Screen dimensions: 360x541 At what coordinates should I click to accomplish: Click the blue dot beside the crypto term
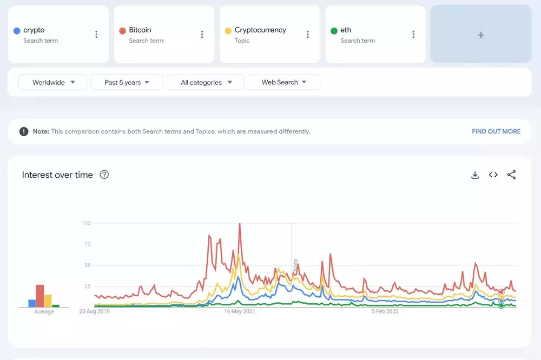coord(17,31)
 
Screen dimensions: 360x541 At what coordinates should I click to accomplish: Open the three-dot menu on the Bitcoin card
coord(202,35)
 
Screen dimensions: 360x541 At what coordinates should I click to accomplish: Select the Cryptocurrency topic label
coord(260,30)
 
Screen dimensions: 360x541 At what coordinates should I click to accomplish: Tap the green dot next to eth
coord(334,31)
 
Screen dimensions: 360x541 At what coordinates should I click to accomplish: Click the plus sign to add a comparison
coord(480,35)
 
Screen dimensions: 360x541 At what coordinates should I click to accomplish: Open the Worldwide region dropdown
coord(52,82)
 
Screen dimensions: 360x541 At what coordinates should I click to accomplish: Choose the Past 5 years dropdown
coord(127,82)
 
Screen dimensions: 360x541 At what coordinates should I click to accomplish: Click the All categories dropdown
coord(206,82)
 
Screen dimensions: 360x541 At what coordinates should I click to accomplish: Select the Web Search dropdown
coord(284,82)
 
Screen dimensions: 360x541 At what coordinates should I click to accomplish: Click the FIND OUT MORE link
coord(496,131)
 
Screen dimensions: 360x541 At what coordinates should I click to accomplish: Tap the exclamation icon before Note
coord(24,131)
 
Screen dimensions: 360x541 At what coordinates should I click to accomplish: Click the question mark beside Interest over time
coord(104,175)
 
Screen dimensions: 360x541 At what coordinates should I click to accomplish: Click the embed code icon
coord(493,175)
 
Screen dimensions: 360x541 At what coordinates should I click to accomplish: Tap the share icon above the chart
coord(511,175)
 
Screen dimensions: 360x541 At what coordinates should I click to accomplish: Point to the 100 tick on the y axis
coord(86,223)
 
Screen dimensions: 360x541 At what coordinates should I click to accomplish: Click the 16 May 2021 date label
coord(240,311)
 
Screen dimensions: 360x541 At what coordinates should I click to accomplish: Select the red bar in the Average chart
coord(40,296)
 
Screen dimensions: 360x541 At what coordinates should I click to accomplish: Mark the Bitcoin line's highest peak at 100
coord(240,224)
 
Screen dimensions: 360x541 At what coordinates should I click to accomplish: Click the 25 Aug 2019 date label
coord(95,311)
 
